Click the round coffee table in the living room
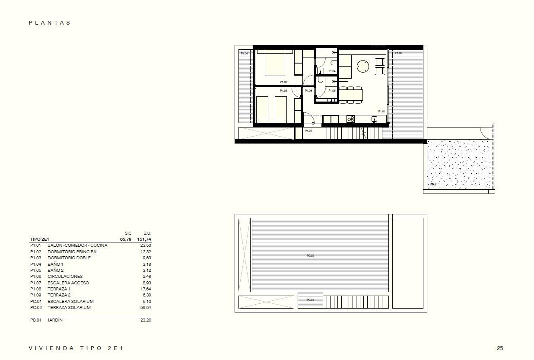click(363, 66)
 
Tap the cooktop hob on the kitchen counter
click(350, 119)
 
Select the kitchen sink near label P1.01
click(374, 119)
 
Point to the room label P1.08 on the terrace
click(398, 53)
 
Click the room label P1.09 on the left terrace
click(245, 53)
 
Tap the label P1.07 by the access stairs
click(308, 131)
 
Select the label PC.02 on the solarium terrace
click(310, 256)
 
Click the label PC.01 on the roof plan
click(310, 299)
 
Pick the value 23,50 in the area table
click(146, 245)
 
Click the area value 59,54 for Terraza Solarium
click(146, 308)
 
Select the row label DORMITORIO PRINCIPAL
click(73, 252)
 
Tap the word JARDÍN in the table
click(55, 320)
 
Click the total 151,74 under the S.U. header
click(144, 239)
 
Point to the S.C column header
click(128, 233)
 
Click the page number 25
click(500, 348)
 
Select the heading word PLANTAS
click(50, 23)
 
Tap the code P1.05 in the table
click(35, 270)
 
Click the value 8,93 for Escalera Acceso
click(146, 283)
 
